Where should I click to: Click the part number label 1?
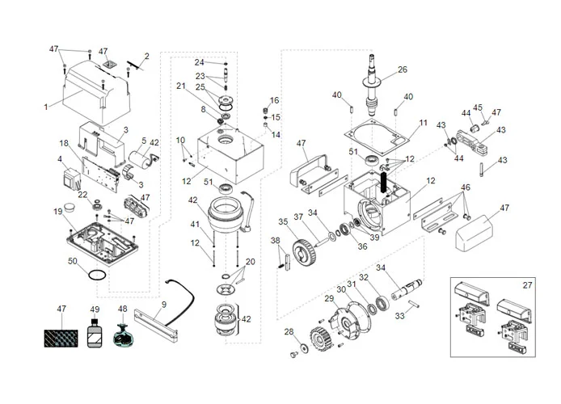point(45,107)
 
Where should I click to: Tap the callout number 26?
point(403,69)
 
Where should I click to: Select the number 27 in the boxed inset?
point(528,285)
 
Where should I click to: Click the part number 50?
point(73,262)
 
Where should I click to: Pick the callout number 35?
point(283,221)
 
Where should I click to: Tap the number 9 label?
point(163,305)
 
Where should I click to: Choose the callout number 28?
point(288,332)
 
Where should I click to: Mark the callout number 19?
point(57,212)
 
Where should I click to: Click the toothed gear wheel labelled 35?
point(302,250)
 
